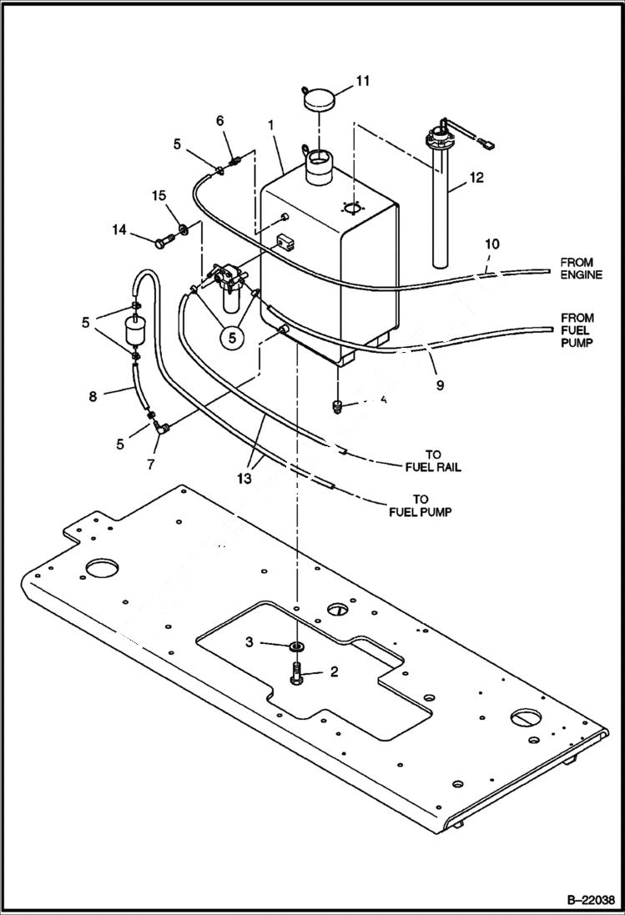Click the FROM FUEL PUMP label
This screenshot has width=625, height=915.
[x=577, y=329]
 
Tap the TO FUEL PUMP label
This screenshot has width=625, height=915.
[x=420, y=505]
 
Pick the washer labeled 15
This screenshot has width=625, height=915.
[x=180, y=229]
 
